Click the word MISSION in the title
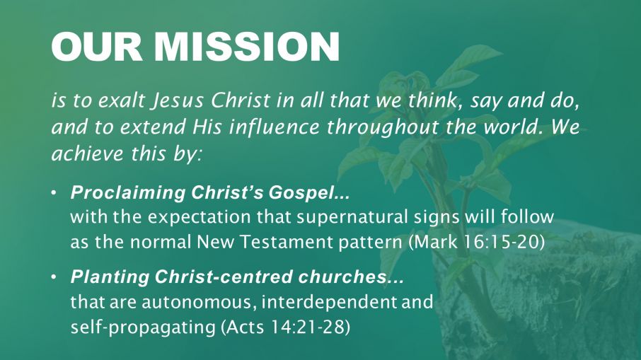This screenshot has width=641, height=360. coord(247,47)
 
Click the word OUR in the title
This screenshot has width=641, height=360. coord(97,47)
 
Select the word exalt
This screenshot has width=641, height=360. coord(122,100)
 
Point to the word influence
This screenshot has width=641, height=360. coord(275,127)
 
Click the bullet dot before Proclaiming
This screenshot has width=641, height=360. coord(54,192)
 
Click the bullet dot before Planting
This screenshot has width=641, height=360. coord(54,277)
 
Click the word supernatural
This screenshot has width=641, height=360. coord(352,217)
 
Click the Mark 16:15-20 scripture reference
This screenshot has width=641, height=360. coord(477,243)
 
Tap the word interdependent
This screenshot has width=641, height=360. coord(329,302)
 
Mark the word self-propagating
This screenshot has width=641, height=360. coord(143,327)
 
